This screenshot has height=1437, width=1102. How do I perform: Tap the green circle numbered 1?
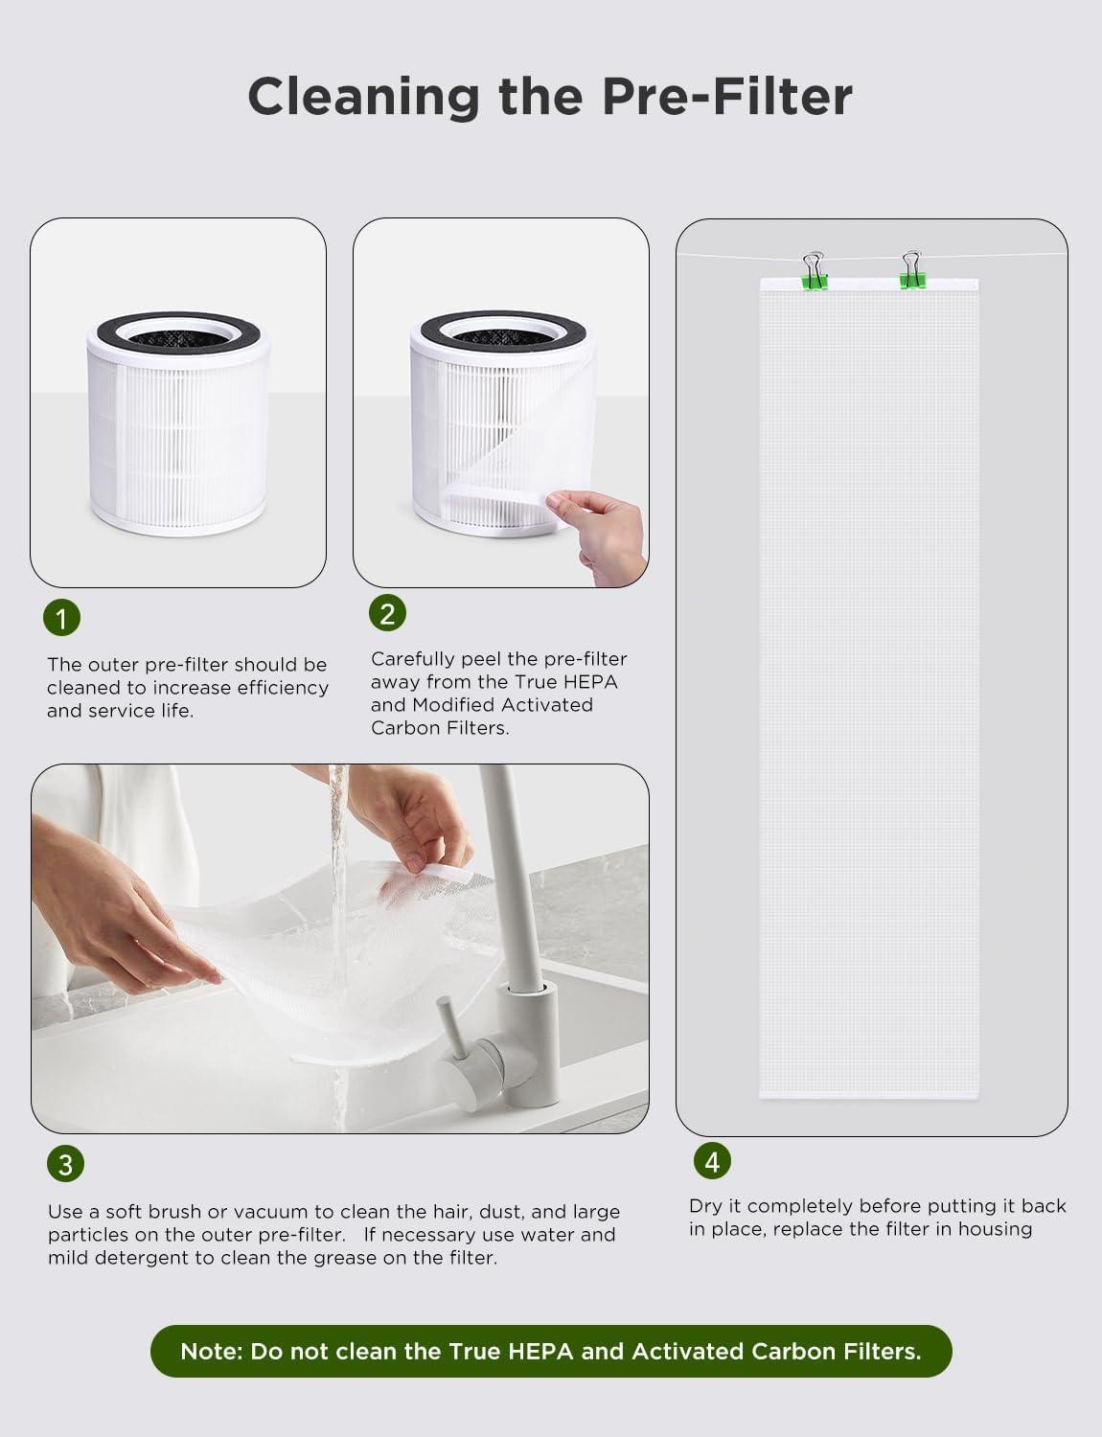pos(62,618)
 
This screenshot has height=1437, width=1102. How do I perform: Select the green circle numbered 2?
pos(387,613)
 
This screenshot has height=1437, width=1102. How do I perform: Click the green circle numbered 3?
pos(65,1164)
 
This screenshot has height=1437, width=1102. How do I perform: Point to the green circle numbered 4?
pos(712,1161)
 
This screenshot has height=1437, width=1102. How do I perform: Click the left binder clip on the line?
pos(815,271)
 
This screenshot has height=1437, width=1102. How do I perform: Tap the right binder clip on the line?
pos(910,271)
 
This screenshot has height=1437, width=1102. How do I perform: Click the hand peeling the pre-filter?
pos(599,532)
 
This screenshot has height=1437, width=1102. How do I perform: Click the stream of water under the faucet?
pos(337,862)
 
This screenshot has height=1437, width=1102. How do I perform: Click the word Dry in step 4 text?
pos(704,1206)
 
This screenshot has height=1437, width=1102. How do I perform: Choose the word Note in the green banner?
pos(209,1352)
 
